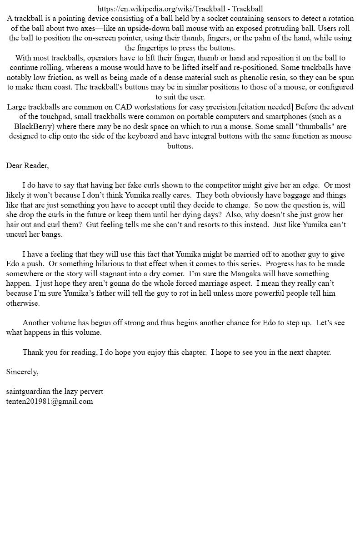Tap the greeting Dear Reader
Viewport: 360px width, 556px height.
pyautogui.click(x=27, y=165)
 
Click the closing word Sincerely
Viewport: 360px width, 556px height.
pyautogui.click(x=22, y=372)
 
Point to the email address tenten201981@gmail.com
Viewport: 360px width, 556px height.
pyautogui.click(x=50, y=401)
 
